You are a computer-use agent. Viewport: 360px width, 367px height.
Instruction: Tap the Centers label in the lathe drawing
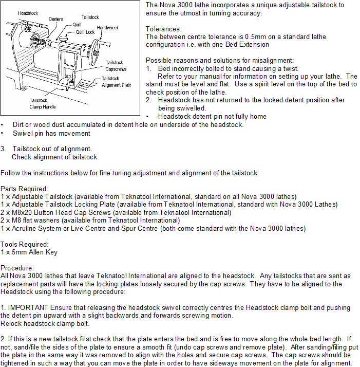point(56,19)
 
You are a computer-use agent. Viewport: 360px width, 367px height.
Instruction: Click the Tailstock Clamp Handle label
point(43,104)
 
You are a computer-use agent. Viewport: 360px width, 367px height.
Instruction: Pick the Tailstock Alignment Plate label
point(117,82)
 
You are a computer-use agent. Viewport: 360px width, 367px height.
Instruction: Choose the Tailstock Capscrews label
point(116,66)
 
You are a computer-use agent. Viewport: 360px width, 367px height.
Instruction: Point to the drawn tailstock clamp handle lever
point(70,82)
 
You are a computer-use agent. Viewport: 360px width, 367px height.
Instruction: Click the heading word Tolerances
point(163,29)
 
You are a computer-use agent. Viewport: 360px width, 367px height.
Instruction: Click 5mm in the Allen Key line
point(16,252)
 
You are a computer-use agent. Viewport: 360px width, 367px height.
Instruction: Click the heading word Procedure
point(17,268)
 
